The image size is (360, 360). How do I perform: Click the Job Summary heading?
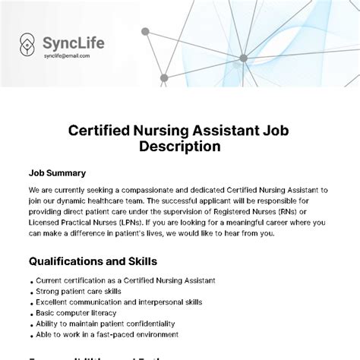point(57,172)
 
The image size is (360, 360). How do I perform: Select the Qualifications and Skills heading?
point(93,261)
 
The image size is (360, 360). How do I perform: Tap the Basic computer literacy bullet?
point(76,312)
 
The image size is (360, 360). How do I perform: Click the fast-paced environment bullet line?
point(107,333)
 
